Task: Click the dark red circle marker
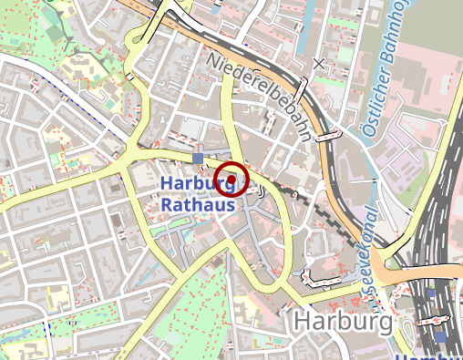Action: (232, 179)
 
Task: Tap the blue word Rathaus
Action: (198, 205)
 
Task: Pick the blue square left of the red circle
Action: (199, 159)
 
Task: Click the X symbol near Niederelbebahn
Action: (318, 64)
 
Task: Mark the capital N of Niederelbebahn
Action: (213, 57)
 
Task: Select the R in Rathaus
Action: (167, 205)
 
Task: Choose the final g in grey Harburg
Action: (384, 324)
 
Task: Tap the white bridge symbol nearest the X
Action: (304, 87)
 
